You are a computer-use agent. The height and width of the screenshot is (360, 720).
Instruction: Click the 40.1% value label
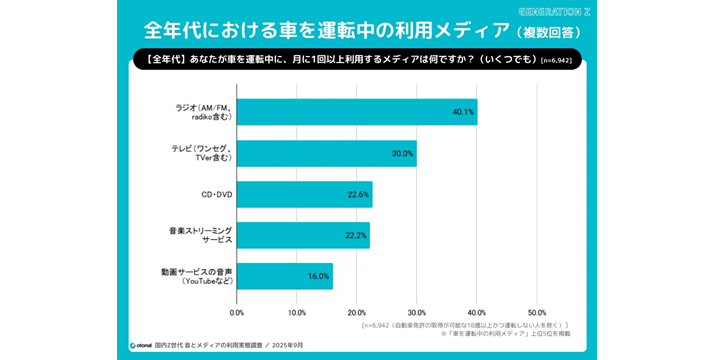point(462,111)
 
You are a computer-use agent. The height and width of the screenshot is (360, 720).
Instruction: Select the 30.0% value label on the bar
point(402,153)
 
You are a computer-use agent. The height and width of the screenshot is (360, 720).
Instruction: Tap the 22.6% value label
point(358,194)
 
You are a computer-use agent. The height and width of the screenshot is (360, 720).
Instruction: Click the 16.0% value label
point(318,276)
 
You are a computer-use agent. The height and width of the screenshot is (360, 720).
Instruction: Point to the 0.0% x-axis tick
point(237,312)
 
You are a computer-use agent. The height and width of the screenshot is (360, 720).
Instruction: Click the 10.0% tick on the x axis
point(297,312)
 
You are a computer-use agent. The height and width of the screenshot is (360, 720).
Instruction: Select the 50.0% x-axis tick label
point(537,312)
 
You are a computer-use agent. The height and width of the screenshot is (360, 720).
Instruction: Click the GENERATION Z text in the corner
point(556,11)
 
